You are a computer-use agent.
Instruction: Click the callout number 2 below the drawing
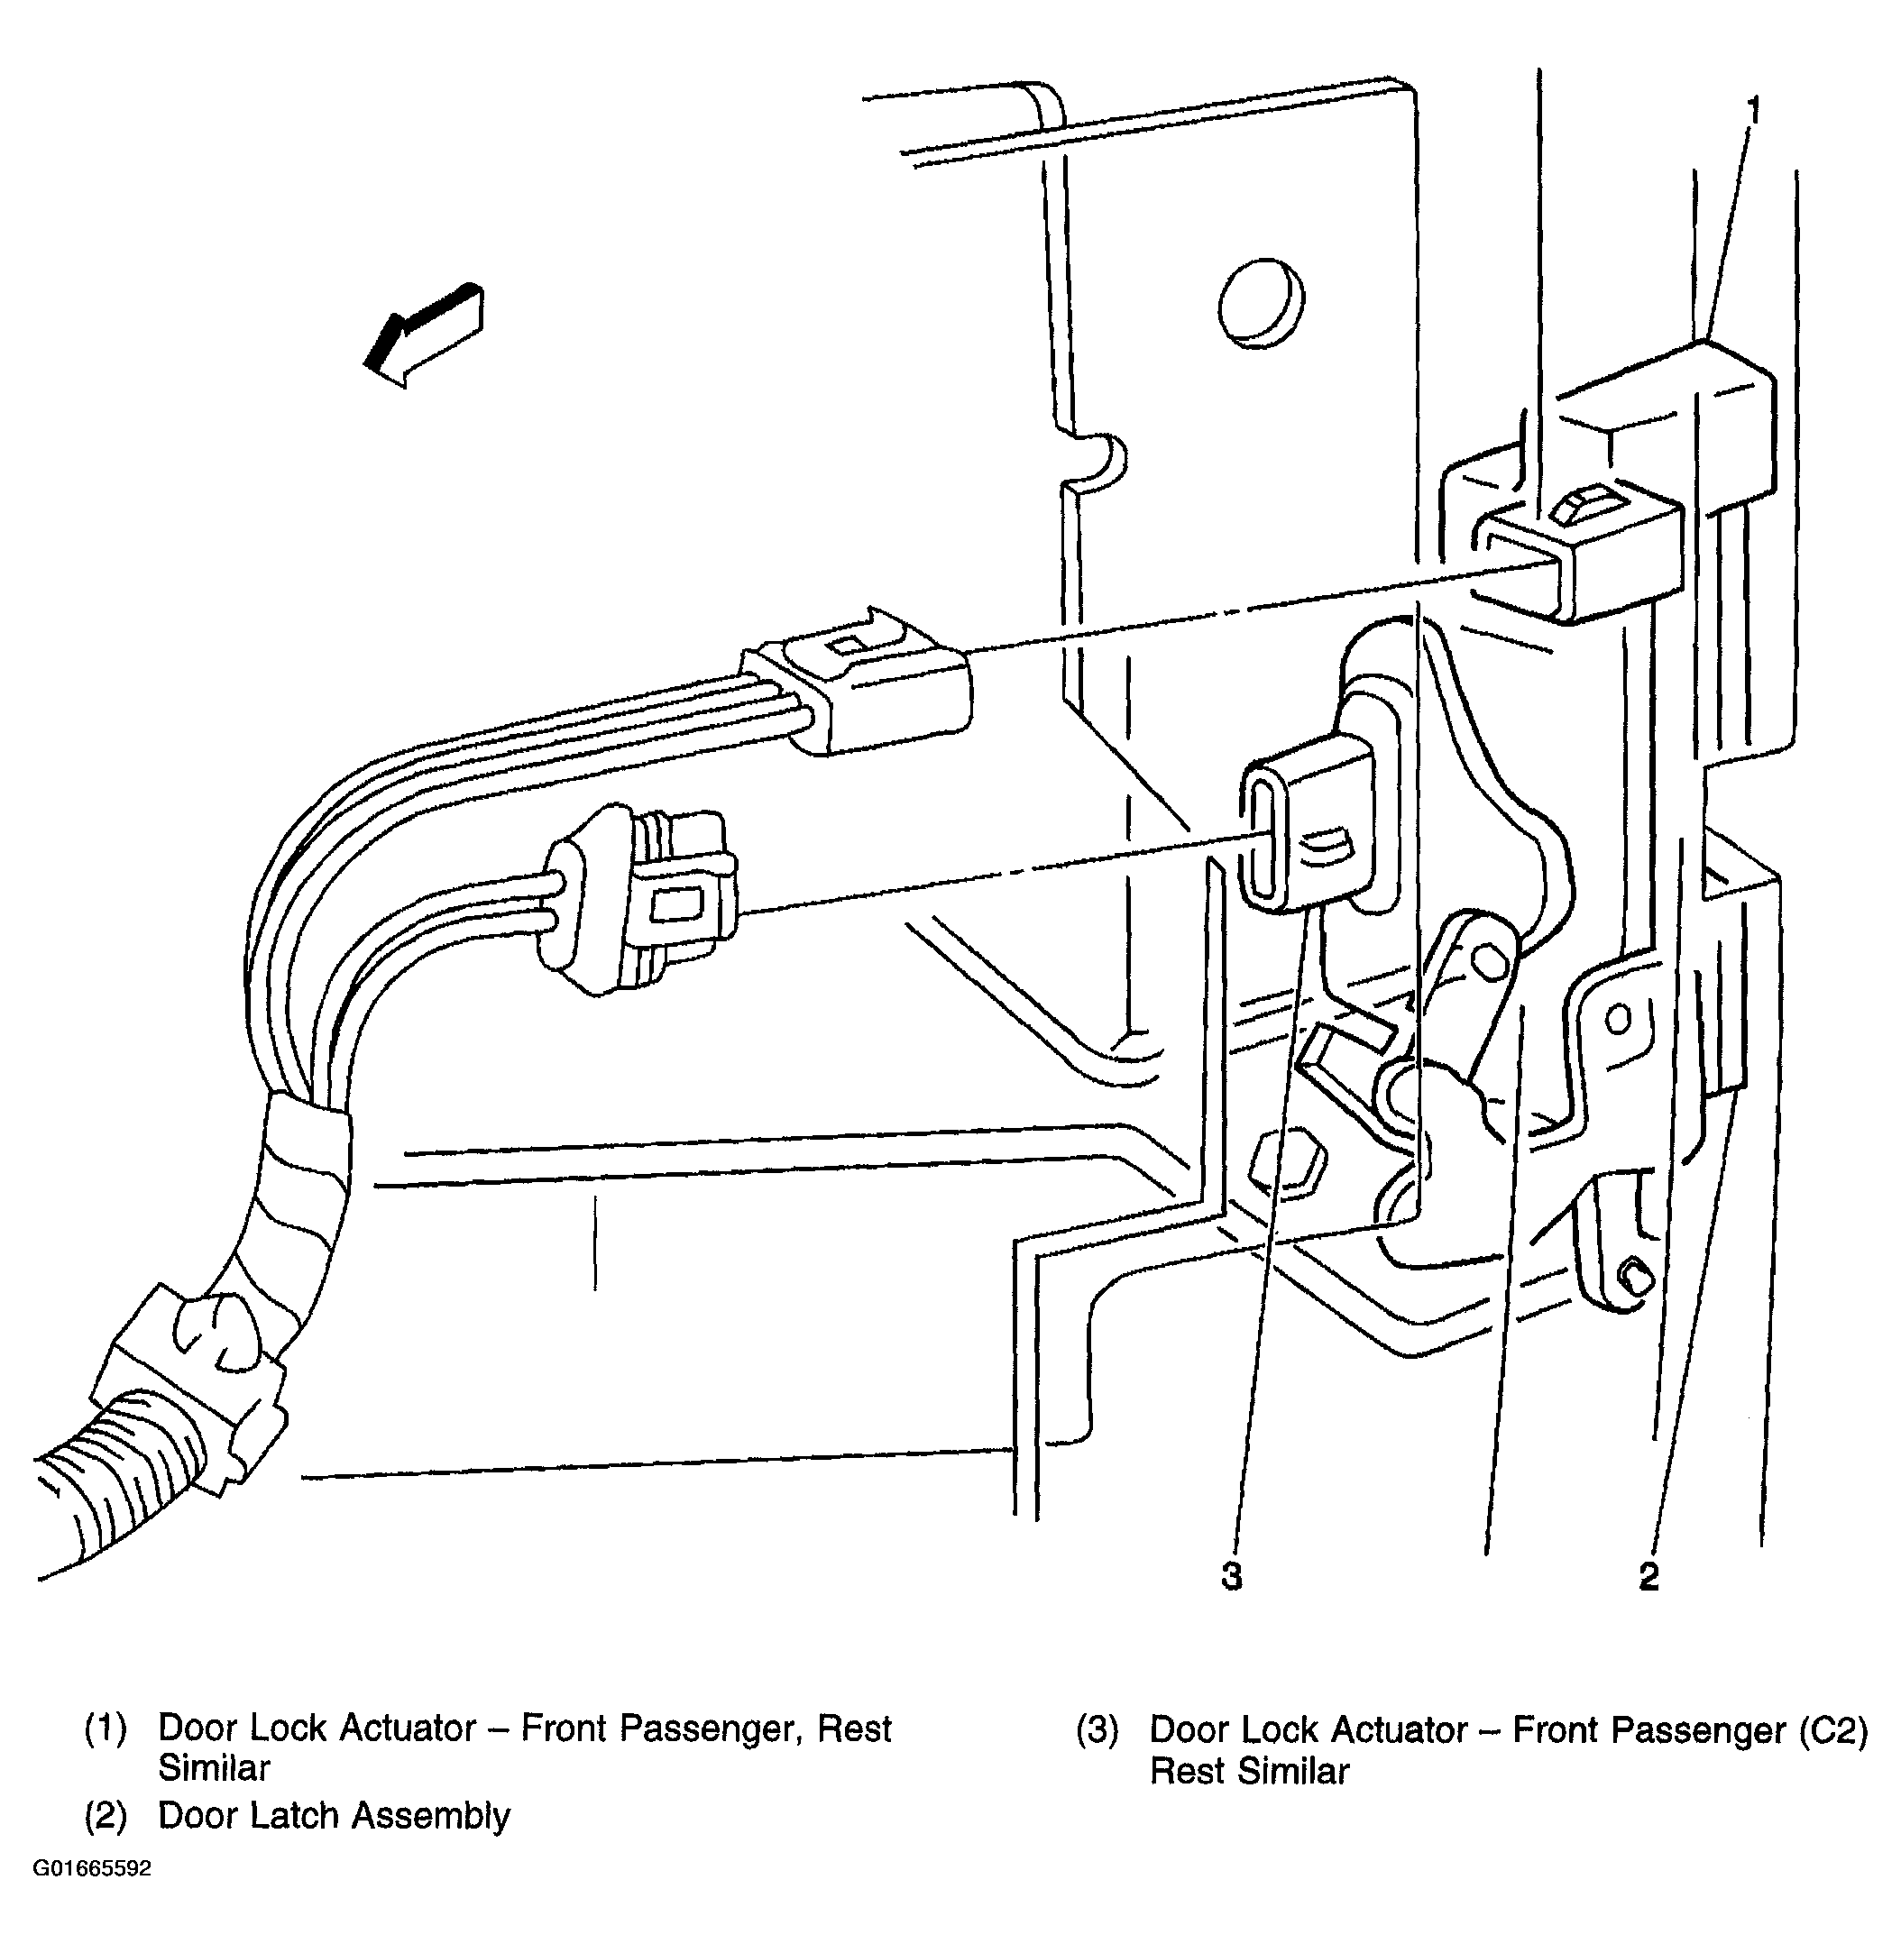pos(1648,1576)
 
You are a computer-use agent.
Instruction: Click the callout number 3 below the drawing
pos(1232,1576)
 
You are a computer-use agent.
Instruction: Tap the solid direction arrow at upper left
pos(425,335)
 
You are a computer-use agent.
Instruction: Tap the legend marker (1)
pos(106,1729)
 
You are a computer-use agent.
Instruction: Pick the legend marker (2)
pos(106,1816)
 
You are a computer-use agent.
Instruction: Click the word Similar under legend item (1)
pos(214,1768)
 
